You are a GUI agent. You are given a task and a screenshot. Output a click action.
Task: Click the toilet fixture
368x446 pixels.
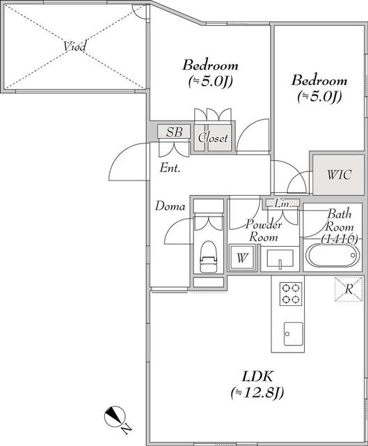209,257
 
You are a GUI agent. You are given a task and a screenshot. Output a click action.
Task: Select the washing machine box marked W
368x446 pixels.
242,257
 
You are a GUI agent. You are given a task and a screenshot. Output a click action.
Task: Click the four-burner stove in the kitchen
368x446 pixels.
291,294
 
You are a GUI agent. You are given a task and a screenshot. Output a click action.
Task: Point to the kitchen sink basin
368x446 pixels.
293,334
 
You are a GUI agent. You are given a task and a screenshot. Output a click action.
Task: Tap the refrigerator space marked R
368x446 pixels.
349,289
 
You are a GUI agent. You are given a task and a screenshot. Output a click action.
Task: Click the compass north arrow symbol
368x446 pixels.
114,417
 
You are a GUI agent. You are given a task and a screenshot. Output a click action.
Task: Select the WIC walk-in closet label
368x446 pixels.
339,175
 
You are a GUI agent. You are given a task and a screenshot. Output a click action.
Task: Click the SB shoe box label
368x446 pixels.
174,132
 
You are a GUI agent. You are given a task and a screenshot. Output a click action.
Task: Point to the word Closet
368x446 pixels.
214,138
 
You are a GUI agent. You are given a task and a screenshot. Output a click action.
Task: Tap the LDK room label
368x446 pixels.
257,376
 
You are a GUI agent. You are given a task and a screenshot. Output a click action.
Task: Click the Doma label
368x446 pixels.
170,206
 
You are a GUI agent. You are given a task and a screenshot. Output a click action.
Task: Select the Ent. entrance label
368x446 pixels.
170,168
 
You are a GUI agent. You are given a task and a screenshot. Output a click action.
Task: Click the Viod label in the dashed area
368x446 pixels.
74,47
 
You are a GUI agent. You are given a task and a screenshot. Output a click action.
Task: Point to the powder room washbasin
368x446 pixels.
280,259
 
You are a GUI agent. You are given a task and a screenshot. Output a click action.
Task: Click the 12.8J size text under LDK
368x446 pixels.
257,393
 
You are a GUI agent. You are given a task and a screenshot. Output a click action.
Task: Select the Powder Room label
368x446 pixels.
264,231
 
